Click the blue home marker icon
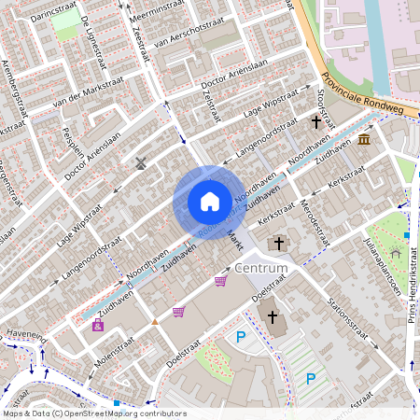[x=209, y=201]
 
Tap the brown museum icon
[x=363, y=139]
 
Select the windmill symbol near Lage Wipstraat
[x=141, y=163]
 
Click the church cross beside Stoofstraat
[x=316, y=121]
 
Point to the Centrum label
[x=262, y=268]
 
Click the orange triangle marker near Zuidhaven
[x=155, y=321]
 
